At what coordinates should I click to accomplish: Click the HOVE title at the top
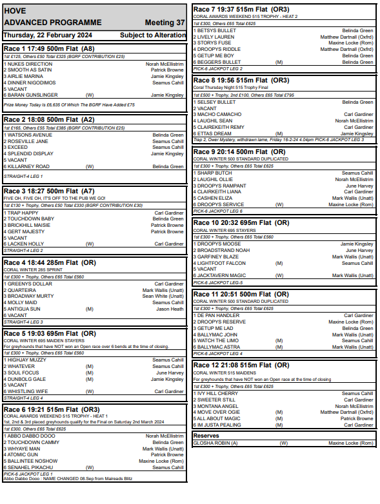click(x=15, y=11)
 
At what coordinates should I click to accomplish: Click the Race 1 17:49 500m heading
click(x=50, y=48)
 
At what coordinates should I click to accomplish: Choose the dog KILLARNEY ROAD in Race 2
click(x=28, y=166)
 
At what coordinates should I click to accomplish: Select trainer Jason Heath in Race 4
click(x=170, y=309)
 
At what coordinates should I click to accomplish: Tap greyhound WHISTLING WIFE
click(x=30, y=391)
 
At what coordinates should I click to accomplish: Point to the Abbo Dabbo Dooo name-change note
click(x=68, y=478)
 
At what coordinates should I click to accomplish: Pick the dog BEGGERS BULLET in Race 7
click(x=221, y=62)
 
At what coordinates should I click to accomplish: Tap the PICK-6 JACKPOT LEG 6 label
click(x=219, y=211)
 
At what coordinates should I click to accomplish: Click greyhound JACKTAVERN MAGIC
click(x=226, y=275)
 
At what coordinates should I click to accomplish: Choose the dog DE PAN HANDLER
click(x=219, y=316)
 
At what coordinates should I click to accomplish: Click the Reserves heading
click(x=206, y=436)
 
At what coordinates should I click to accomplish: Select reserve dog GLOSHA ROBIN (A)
click(x=217, y=443)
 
